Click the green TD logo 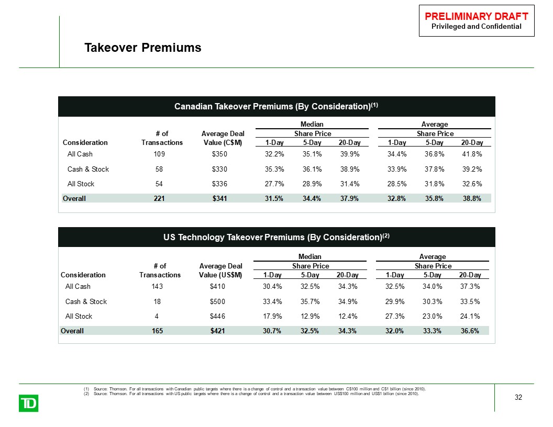[29, 403]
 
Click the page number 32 [518, 397]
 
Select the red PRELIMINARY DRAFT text [477, 16]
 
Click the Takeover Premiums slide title [143, 48]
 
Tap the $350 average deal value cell [219, 154]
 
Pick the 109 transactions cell [159, 154]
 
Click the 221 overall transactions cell [159, 198]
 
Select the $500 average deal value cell [217, 301]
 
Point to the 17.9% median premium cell [272, 317]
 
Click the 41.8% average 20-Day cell [472, 154]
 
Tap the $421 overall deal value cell [217, 331]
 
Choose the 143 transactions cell [157, 286]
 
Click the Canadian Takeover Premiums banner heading [276, 106]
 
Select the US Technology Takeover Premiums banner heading [276, 237]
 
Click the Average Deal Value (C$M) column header [223, 138]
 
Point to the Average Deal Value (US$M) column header [221, 271]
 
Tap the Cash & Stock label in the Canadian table [88, 169]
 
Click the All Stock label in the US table [79, 317]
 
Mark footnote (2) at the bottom [251, 394]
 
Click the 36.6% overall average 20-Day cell [470, 331]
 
